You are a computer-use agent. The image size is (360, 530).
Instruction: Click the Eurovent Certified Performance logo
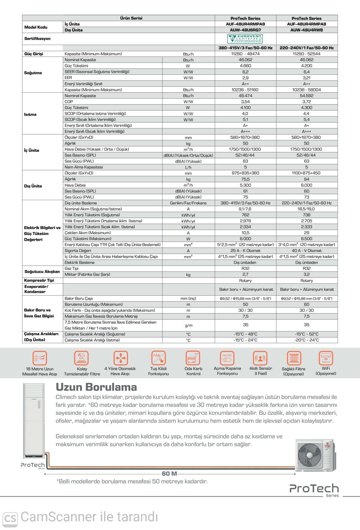coord(245,39)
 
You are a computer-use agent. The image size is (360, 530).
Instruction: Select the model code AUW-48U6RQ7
coord(245,30)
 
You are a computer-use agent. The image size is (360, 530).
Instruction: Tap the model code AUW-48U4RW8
coord(307,30)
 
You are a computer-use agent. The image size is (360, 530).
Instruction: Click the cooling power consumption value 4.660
coord(245,66)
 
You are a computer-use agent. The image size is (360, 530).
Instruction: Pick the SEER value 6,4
coord(307,72)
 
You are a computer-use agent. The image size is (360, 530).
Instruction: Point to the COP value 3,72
coord(307,102)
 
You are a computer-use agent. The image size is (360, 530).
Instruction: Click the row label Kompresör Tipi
coord(39,280)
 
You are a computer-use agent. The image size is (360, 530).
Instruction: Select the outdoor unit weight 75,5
coord(245,179)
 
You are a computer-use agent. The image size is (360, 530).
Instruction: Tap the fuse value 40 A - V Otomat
coord(307,251)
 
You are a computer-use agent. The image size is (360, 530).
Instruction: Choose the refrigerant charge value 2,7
coord(245,274)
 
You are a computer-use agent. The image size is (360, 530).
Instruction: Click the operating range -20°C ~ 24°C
coord(307,340)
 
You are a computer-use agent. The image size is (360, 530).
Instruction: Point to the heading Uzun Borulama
coord(96,387)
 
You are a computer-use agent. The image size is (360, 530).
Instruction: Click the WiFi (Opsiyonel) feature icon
coord(326,358)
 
